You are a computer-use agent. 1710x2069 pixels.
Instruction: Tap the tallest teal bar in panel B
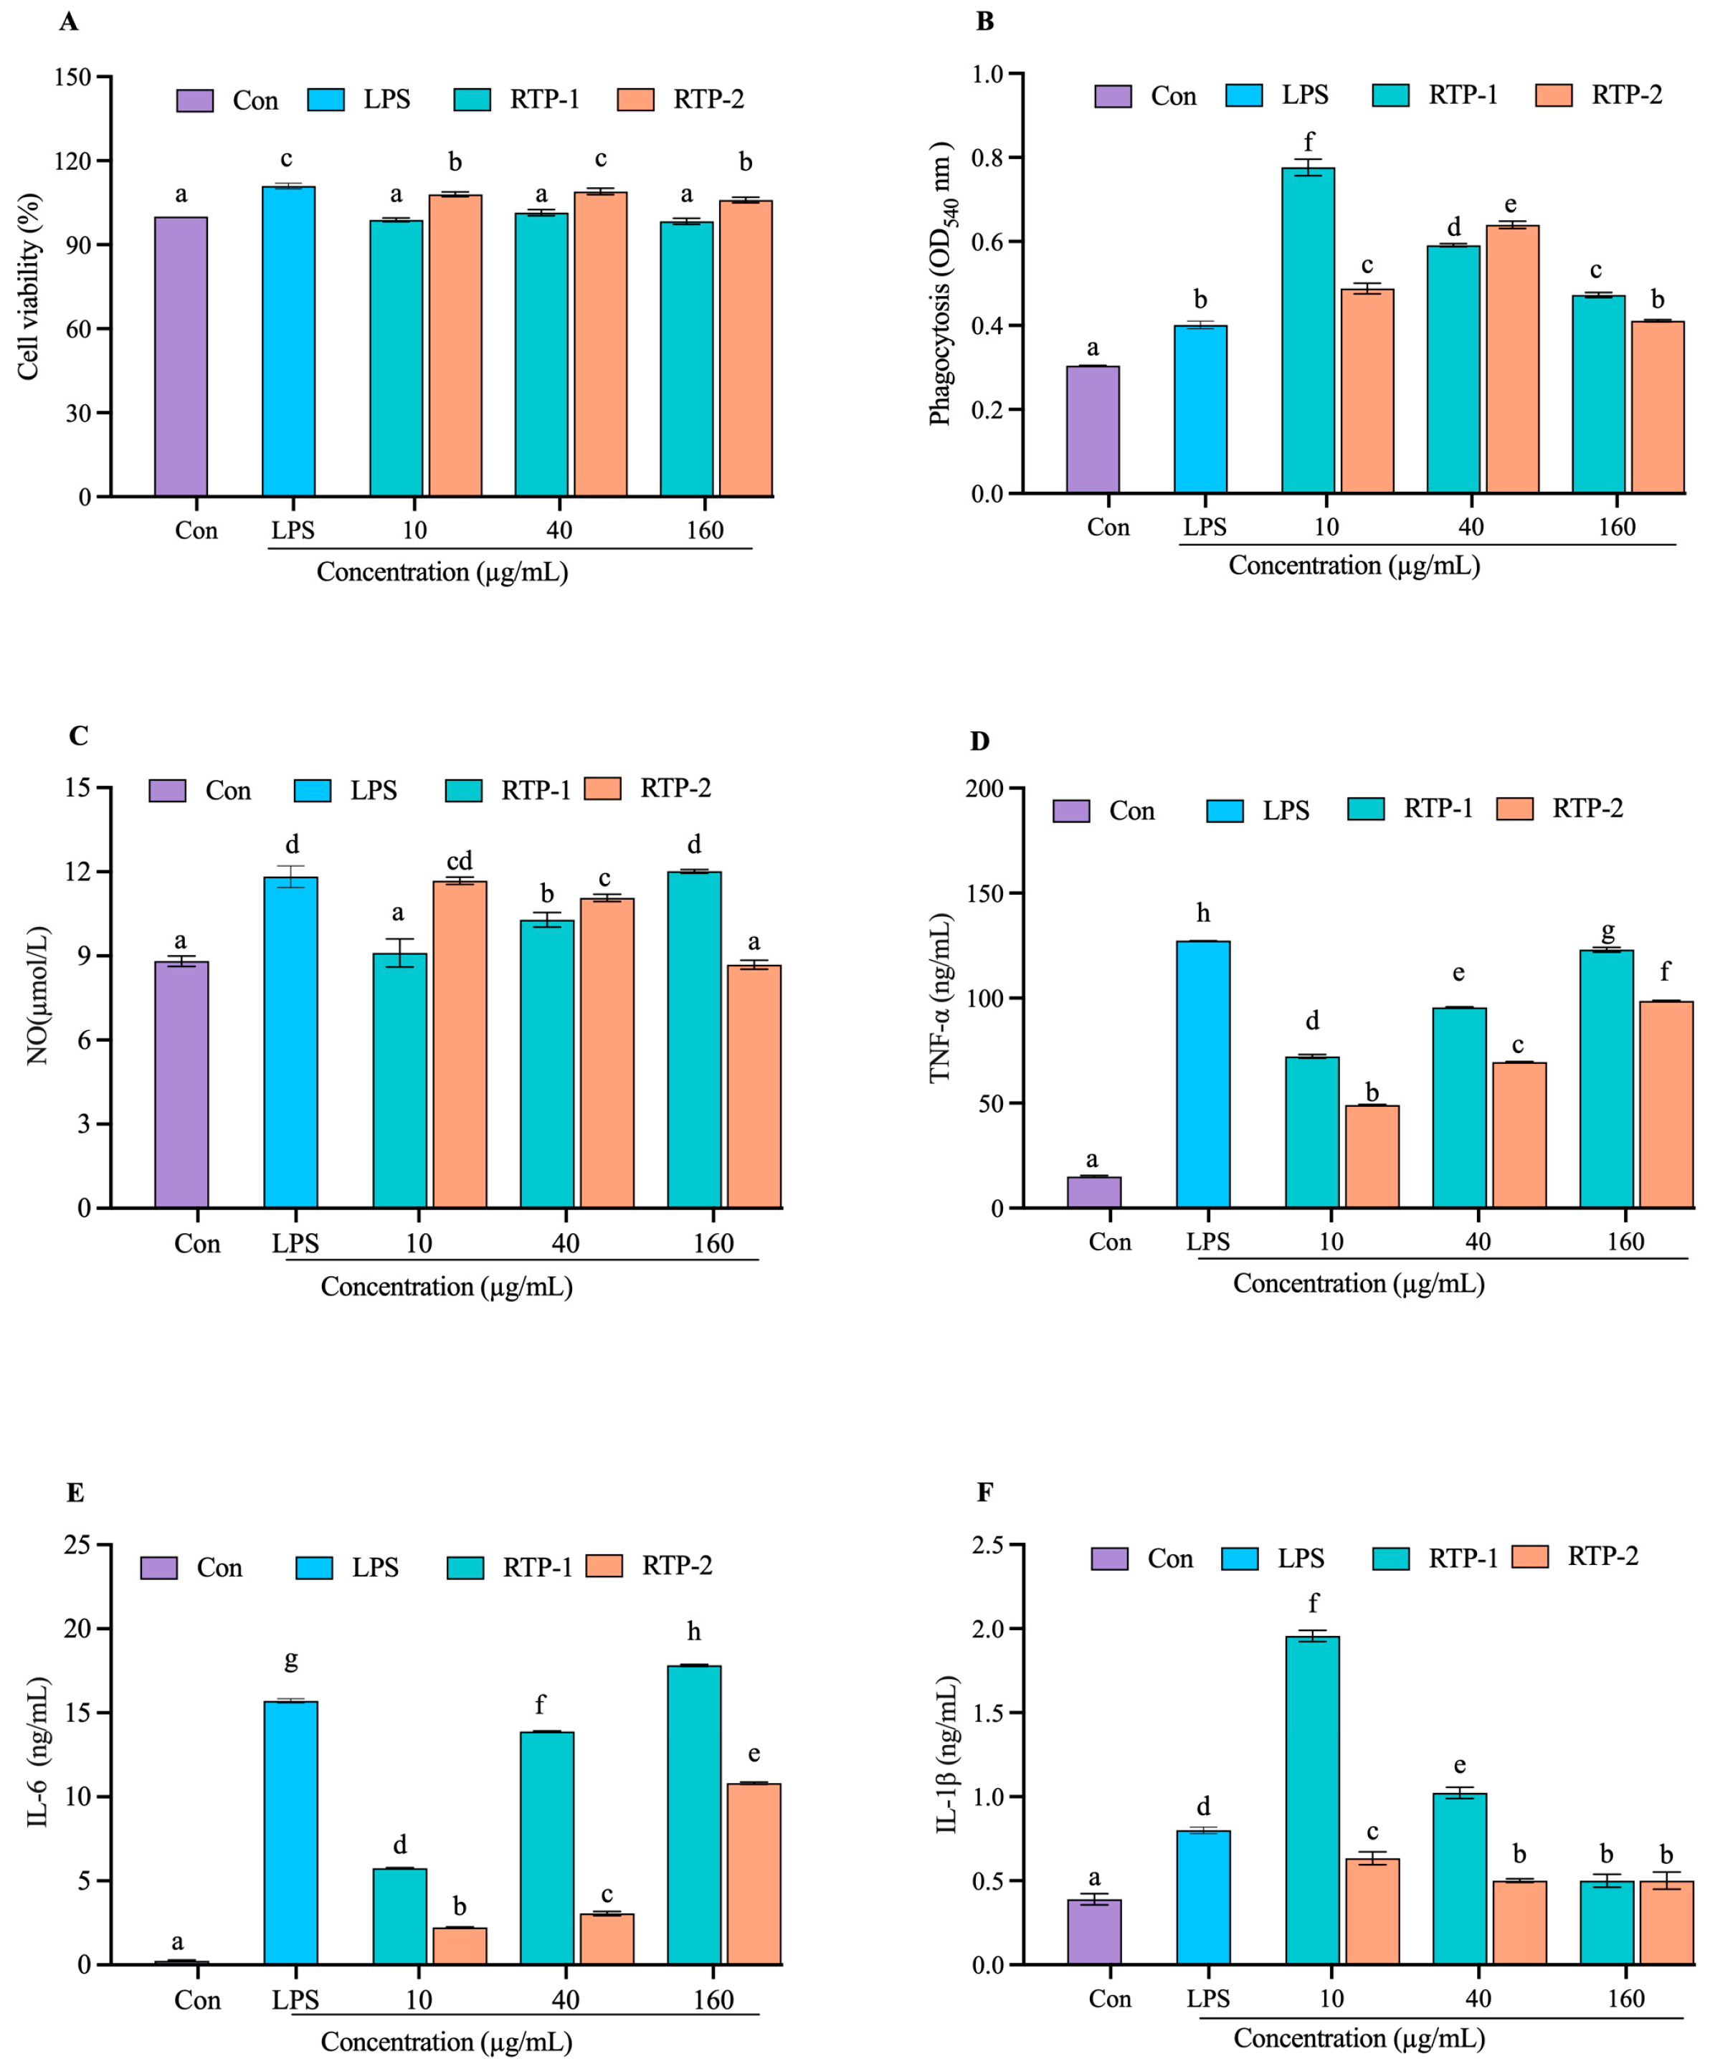[x=1307, y=330]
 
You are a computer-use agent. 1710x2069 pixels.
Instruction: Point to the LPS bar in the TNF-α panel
[x=1202, y=1073]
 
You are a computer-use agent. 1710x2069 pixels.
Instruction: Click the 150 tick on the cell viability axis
[x=73, y=77]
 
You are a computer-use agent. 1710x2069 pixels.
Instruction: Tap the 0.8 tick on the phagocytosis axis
[x=987, y=158]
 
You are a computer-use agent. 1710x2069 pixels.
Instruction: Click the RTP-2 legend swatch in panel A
[x=635, y=100]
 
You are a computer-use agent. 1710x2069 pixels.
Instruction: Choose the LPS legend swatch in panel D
[x=1225, y=810]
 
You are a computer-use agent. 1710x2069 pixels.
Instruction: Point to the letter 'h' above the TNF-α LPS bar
[x=1202, y=913]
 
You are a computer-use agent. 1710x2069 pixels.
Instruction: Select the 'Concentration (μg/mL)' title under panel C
[x=446, y=1286]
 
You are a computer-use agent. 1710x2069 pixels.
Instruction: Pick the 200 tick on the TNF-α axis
[x=985, y=789]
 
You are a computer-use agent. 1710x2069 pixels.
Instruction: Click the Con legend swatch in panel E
[x=158, y=1568]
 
